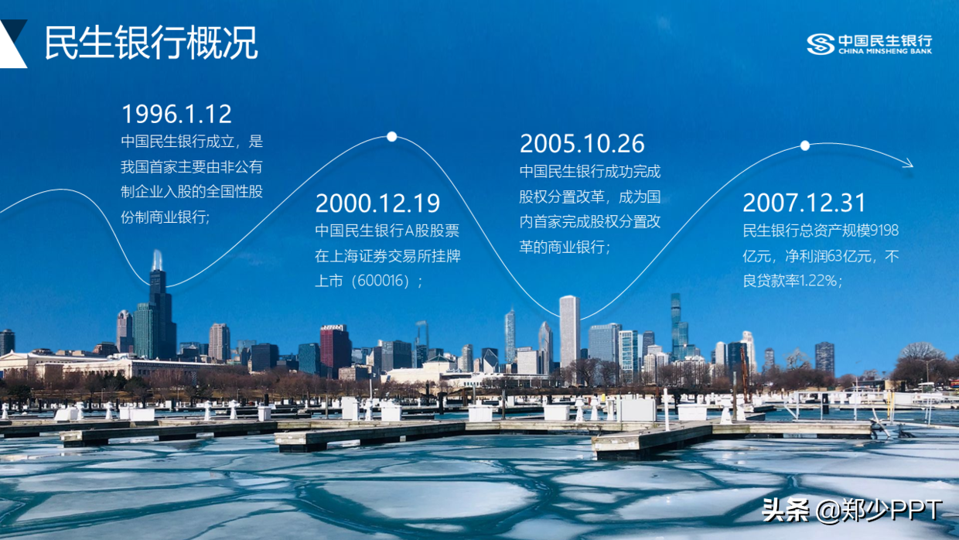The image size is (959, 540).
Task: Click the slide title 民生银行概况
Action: click(x=151, y=43)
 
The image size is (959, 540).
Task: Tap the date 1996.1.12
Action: click(x=176, y=114)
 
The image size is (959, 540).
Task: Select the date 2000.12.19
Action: click(x=377, y=203)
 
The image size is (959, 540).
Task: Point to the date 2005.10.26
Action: click(x=582, y=143)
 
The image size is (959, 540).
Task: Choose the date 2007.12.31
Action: click(x=804, y=203)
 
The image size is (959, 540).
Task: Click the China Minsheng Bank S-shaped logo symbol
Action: click(x=821, y=44)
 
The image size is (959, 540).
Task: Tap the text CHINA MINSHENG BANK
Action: click(x=885, y=51)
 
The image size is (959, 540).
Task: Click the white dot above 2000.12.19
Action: click(x=392, y=137)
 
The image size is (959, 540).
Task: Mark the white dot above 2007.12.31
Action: click(x=805, y=145)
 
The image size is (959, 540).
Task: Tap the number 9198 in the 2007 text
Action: click(x=885, y=231)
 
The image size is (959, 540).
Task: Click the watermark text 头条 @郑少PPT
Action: click(x=851, y=510)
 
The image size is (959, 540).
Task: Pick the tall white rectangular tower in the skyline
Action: click(x=570, y=332)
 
